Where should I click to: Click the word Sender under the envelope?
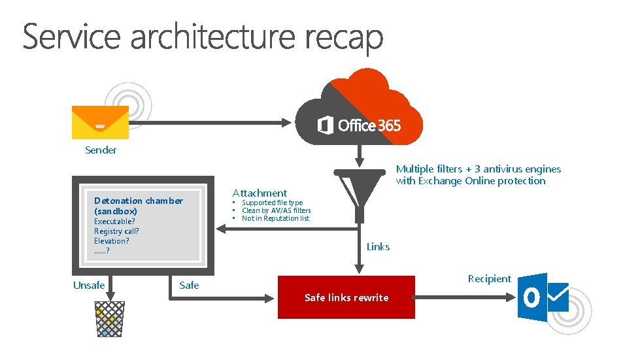[101, 150]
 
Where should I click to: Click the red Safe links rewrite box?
[346, 297]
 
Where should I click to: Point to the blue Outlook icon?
[542, 298]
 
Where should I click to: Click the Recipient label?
[489, 279]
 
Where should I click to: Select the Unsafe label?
[89, 285]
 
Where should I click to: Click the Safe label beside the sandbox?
[189, 285]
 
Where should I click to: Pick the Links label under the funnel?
[378, 247]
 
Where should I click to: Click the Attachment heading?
[260, 193]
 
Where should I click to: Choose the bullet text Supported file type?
[272, 203]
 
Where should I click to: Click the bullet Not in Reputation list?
[275, 218]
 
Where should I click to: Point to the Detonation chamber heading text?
[139, 201]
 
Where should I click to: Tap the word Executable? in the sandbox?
[114, 221]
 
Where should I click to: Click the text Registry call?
[116, 231]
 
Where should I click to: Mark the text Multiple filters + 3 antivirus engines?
[479, 169]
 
